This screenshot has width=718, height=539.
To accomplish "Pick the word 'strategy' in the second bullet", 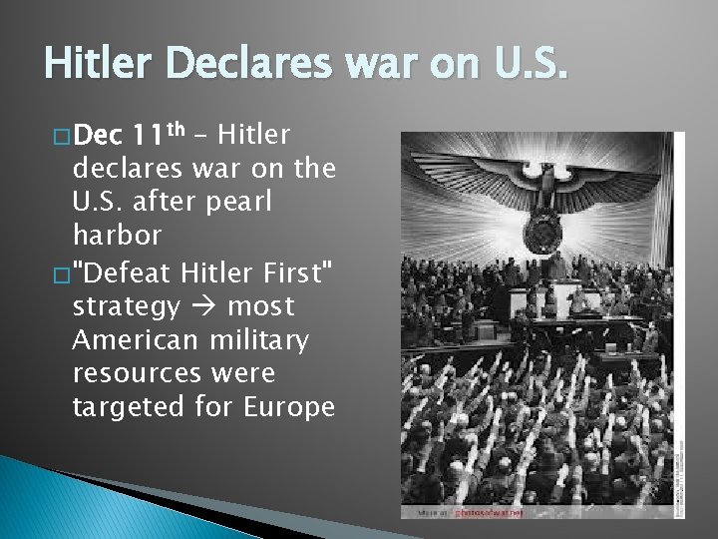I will coord(126,306).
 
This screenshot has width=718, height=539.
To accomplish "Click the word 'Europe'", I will coord(289,407).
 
